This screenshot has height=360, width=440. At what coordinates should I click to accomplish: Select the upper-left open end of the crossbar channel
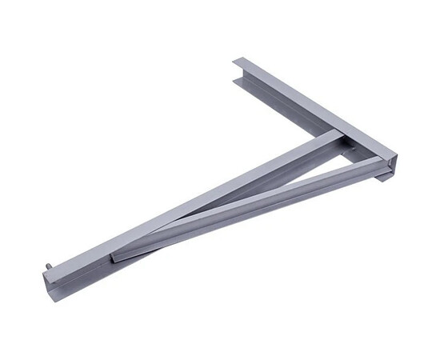point(239,71)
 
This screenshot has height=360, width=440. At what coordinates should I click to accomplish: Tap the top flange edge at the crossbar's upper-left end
point(240,61)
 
